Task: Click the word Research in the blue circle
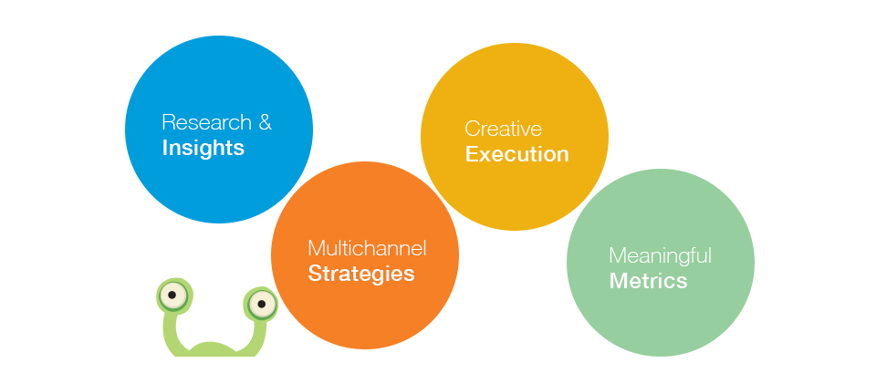pyautogui.click(x=207, y=122)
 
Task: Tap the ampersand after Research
pyautogui.click(x=265, y=122)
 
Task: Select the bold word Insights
pyautogui.click(x=203, y=148)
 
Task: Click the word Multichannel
pyautogui.click(x=367, y=248)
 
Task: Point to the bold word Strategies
pyautogui.click(x=361, y=274)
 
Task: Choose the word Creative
pyautogui.click(x=504, y=129)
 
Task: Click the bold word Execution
pyautogui.click(x=516, y=154)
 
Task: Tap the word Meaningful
pyautogui.click(x=661, y=256)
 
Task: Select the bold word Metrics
pyautogui.click(x=648, y=281)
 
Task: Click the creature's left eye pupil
pyautogui.click(x=172, y=295)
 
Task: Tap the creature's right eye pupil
pyautogui.click(x=261, y=304)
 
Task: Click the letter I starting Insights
pyautogui.click(x=164, y=148)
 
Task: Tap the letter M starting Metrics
pyautogui.click(x=617, y=281)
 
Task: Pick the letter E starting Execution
pyautogui.click(x=471, y=154)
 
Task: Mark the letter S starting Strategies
pyautogui.click(x=315, y=274)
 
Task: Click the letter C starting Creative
pyautogui.click(x=472, y=129)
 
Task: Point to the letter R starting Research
pyautogui.click(x=169, y=122)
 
